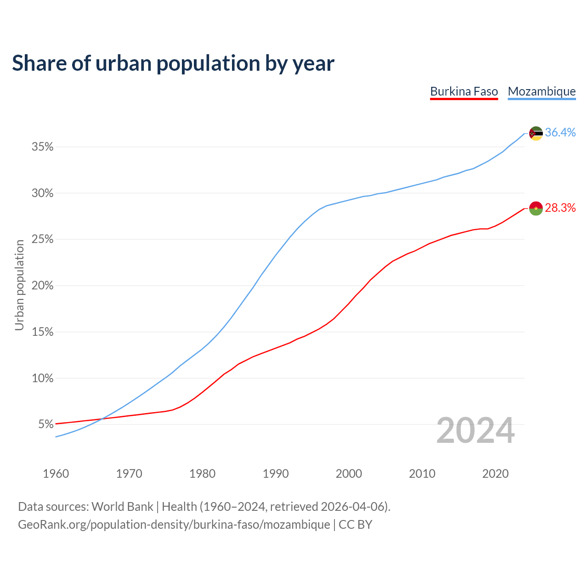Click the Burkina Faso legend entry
click(x=464, y=91)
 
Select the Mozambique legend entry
click(x=542, y=91)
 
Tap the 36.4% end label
click(x=560, y=133)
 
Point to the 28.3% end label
click(x=560, y=208)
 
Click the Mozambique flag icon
click(x=536, y=133)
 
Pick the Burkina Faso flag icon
click(x=536, y=208)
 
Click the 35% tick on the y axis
click(x=42, y=147)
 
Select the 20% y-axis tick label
click(x=42, y=286)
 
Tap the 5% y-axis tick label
click(x=45, y=424)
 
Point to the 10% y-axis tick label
click(x=42, y=378)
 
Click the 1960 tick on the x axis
click(x=56, y=474)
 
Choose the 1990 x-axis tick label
click(x=276, y=474)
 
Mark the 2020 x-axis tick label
click(x=495, y=474)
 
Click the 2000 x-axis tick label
click(x=349, y=474)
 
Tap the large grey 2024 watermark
click(x=475, y=430)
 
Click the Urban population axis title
click(x=19, y=285)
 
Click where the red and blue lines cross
click(x=101, y=419)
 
